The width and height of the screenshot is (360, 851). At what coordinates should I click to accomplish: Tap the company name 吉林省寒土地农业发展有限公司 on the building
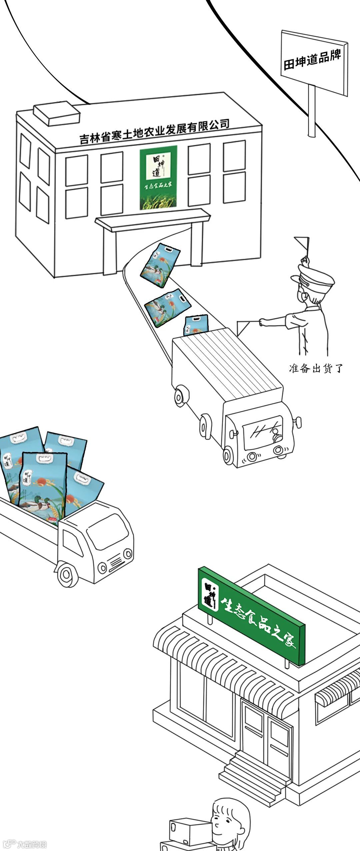(154, 131)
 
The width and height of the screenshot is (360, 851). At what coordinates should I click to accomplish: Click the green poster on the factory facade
(158, 177)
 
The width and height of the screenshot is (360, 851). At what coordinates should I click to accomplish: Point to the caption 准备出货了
(316, 368)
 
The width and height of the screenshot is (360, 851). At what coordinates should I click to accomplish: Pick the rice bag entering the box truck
(196, 325)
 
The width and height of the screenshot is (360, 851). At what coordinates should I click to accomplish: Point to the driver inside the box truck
(276, 435)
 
